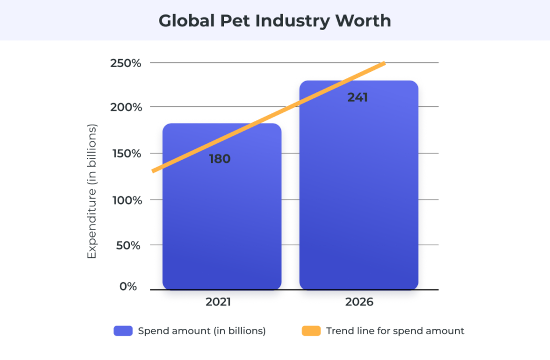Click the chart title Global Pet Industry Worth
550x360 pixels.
(x=274, y=21)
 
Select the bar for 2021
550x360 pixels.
(x=222, y=226)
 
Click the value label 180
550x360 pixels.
(x=220, y=159)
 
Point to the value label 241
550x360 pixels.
(x=358, y=98)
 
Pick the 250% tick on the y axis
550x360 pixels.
(x=126, y=63)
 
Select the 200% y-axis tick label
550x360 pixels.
(x=126, y=107)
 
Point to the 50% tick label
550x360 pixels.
(x=128, y=245)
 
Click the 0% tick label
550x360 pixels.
(x=128, y=287)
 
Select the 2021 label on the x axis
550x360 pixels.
(x=218, y=302)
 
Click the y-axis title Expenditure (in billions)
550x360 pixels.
(x=92, y=191)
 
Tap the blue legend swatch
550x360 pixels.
(x=123, y=331)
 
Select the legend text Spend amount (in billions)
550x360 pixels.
(x=202, y=331)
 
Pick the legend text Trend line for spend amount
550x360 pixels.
(x=395, y=331)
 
